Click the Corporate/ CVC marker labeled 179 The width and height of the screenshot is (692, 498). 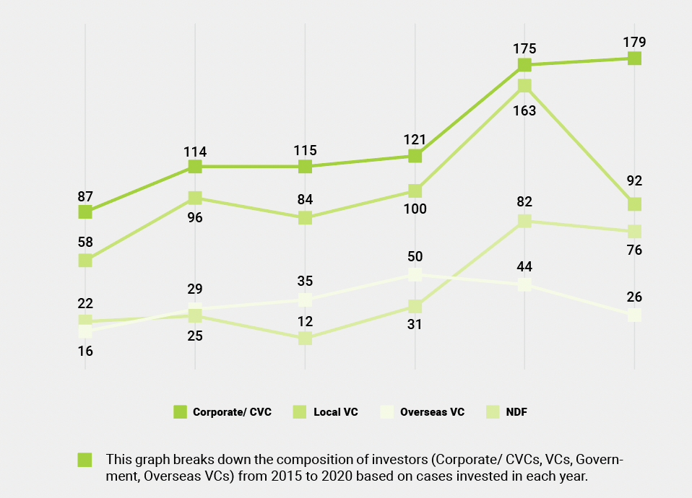click(634, 58)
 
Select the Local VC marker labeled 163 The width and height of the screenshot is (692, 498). click(524, 86)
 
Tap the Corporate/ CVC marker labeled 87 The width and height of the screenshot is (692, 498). click(85, 211)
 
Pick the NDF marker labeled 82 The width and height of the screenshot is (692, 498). click(524, 221)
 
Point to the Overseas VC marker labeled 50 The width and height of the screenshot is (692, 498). click(415, 274)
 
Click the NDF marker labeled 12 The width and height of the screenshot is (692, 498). click(305, 338)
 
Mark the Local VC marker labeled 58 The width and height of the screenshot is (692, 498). click(85, 261)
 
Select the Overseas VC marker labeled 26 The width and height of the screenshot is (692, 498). click(634, 315)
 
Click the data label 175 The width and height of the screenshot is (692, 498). click(524, 49)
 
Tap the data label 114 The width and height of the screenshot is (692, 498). click(195, 152)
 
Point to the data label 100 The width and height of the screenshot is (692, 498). click(415, 209)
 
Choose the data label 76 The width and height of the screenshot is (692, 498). click(634, 250)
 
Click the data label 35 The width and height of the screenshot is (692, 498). click(305, 281)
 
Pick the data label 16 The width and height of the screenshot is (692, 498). click(85, 351)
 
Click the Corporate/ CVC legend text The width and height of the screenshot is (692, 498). click(232, 412)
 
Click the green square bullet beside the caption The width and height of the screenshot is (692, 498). click(85, 460)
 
